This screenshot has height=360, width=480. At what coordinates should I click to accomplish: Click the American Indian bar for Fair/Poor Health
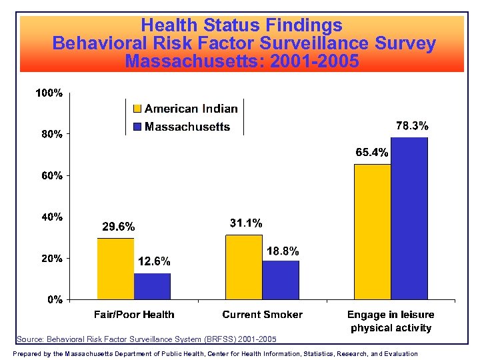click(115, 269)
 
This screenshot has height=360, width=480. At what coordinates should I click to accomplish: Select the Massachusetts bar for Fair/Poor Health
click(152, 286)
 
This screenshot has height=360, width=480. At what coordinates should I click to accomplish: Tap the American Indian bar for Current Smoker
click(244, 267)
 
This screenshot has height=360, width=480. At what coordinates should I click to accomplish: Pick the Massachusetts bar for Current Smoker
click(281, 280)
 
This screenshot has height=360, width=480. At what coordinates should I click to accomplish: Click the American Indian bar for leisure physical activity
click(372, 231)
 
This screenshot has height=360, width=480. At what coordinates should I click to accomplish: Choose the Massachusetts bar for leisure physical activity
click(409, 218)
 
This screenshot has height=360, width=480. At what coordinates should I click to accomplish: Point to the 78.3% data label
click(412, 125)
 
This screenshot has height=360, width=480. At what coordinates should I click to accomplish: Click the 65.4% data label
click(371, 153)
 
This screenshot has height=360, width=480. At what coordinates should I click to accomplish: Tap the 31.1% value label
click(245, 223)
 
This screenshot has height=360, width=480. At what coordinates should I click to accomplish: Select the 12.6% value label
click(154, 261)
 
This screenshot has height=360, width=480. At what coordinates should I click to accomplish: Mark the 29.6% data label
click(118, 227)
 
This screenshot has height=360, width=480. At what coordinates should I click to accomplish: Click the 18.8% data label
click(283, 251)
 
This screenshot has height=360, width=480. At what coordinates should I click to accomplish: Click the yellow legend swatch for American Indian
click(137, 109)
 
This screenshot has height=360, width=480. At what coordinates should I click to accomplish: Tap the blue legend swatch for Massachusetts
click(137, 127)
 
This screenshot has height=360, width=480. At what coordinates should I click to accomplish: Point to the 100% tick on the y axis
click(49, 93)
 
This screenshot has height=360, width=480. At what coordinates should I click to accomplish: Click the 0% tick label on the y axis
click(55, 299)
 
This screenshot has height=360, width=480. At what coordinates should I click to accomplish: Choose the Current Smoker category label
click(262, 315)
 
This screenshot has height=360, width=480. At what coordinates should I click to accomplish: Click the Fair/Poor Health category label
click(133, 315)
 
